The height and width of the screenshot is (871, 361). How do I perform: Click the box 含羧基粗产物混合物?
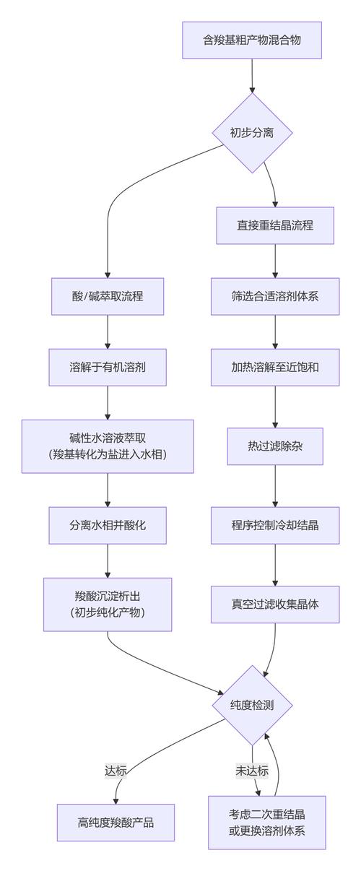tap(251, 40)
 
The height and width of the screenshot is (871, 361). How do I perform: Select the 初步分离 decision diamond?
tap(251, 133)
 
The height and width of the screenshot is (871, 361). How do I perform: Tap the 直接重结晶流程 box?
tap(275, 225)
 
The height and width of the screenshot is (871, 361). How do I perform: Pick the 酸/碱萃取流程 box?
tap(108, 296)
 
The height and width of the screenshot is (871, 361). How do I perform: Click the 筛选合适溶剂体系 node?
tap(275, 296)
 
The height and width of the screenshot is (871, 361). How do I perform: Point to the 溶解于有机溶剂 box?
tap(108, 367)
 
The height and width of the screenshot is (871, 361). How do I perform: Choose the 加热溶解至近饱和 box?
tap(275, 367)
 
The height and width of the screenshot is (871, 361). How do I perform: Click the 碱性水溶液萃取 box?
tap(108, 446)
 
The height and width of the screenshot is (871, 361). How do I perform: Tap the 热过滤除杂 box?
tap(275, 446)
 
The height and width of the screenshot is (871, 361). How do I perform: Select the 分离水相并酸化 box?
tap(108, 525)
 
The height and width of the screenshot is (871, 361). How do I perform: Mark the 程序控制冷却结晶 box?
tap(275, 525)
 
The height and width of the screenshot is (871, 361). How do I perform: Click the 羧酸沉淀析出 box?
tap(108, 604)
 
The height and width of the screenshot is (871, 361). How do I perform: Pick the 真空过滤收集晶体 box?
tap(275, 604)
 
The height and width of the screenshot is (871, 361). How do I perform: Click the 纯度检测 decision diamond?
tap(251, 705)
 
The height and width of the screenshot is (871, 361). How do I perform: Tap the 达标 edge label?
tap(116, 771)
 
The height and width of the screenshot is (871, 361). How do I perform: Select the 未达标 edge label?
tap(251, 771)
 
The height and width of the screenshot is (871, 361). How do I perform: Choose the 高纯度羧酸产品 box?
tap(116, 823)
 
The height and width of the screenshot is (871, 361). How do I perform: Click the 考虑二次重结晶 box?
tap(267, 823)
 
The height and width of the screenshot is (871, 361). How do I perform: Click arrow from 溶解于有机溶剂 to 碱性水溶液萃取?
tap(108, 402)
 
